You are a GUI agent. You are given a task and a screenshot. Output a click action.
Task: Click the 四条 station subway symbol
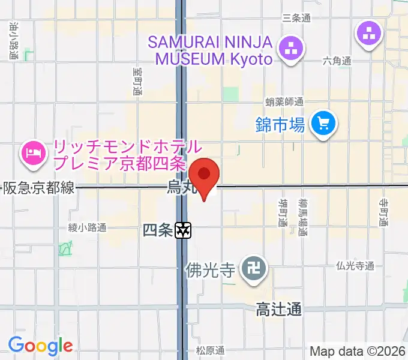click(x=184, y=229)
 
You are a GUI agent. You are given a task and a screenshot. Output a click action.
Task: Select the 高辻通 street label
click(x=278, y=310)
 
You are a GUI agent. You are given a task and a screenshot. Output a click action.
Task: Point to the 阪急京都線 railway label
click(x=40, y=188)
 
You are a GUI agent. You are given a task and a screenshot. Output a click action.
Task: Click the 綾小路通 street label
click(x=87, y=227)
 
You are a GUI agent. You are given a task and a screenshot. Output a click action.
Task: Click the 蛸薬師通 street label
click(x=284, y=102)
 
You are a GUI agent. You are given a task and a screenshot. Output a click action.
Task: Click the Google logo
click(x=40, y=346)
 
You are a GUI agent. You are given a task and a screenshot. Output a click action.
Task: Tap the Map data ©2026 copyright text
click(x=358, y=351)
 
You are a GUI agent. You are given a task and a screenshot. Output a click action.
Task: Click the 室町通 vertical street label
click(x=137, y=82)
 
